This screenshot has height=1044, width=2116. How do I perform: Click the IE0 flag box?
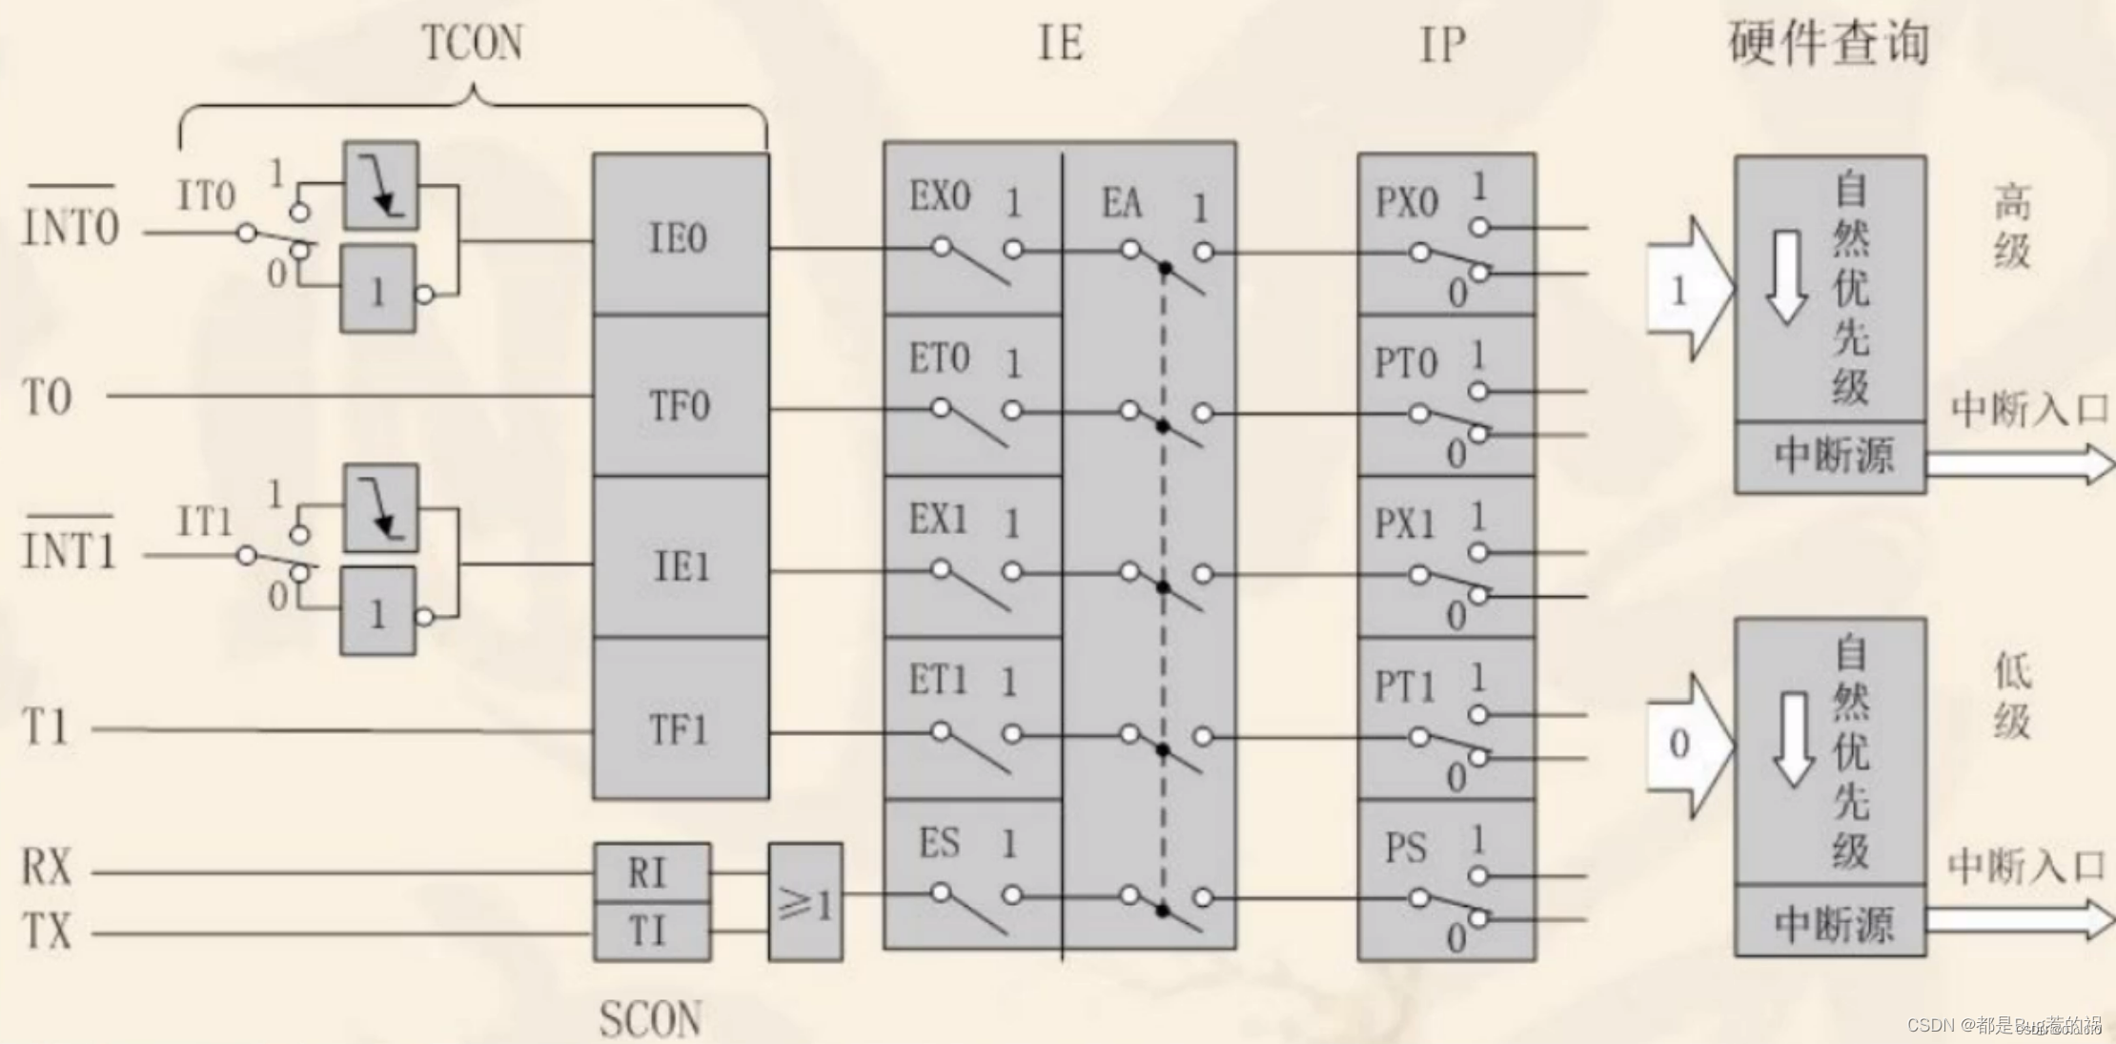click(680, 236)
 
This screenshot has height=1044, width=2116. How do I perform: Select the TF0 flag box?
click(680, 404)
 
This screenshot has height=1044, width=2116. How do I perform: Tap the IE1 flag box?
click(680, 566)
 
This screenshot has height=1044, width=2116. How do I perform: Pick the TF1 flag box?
click(680, 729)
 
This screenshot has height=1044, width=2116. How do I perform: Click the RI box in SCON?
click(650, 871)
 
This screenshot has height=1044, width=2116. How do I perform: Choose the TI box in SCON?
click(650, 931)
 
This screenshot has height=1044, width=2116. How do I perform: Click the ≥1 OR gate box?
click(805, 901)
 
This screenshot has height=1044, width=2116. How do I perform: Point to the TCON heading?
click(472, 43)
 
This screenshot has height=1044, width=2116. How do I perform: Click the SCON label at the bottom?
click(650, 1018)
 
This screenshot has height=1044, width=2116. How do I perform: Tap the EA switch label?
click(1121, 203)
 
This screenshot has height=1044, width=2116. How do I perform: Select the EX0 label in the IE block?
click(939, 196)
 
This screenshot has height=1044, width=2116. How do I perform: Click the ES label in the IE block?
click(939, 843)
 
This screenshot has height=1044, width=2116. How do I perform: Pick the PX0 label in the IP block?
click(1406, 202)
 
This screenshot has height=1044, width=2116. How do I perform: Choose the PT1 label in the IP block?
click(1404, 686)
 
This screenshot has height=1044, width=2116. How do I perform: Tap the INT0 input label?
click(71, 227)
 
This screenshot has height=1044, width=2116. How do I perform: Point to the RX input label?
click(47, 868)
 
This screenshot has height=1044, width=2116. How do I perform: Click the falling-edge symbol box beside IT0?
click(381, 185)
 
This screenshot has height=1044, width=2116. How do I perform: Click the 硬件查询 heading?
click(1828, 43)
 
